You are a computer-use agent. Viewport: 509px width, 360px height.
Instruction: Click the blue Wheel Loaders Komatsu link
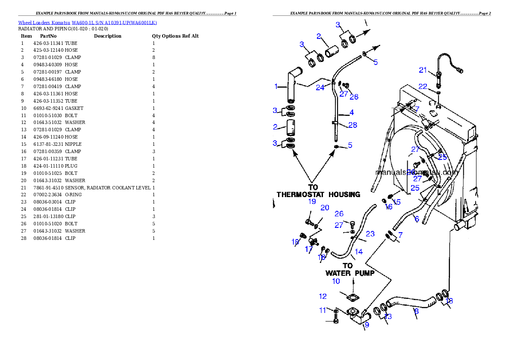87,23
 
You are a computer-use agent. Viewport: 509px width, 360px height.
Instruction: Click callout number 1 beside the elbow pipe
276,86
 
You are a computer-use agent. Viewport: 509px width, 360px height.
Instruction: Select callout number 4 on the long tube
351,113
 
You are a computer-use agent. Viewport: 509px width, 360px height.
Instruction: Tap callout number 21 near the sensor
423,70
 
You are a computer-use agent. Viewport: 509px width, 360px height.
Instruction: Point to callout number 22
423,87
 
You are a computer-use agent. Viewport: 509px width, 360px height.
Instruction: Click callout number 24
320,88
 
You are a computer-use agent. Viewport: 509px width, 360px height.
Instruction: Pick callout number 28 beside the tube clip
352,125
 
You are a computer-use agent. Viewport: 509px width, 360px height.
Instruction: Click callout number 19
312,201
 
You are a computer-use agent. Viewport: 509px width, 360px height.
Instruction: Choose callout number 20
325,208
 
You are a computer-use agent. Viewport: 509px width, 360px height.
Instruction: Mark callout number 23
370,234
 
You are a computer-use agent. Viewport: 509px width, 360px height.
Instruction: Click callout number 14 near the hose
359,252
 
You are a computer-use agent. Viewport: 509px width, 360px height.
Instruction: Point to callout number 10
336,281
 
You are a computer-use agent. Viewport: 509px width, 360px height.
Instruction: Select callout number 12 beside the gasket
323,296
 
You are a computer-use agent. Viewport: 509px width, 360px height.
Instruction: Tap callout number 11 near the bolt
323,310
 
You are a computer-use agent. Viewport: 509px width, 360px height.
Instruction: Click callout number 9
367,325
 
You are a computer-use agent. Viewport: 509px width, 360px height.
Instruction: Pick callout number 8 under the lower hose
416,312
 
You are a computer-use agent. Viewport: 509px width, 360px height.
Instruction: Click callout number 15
397,202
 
